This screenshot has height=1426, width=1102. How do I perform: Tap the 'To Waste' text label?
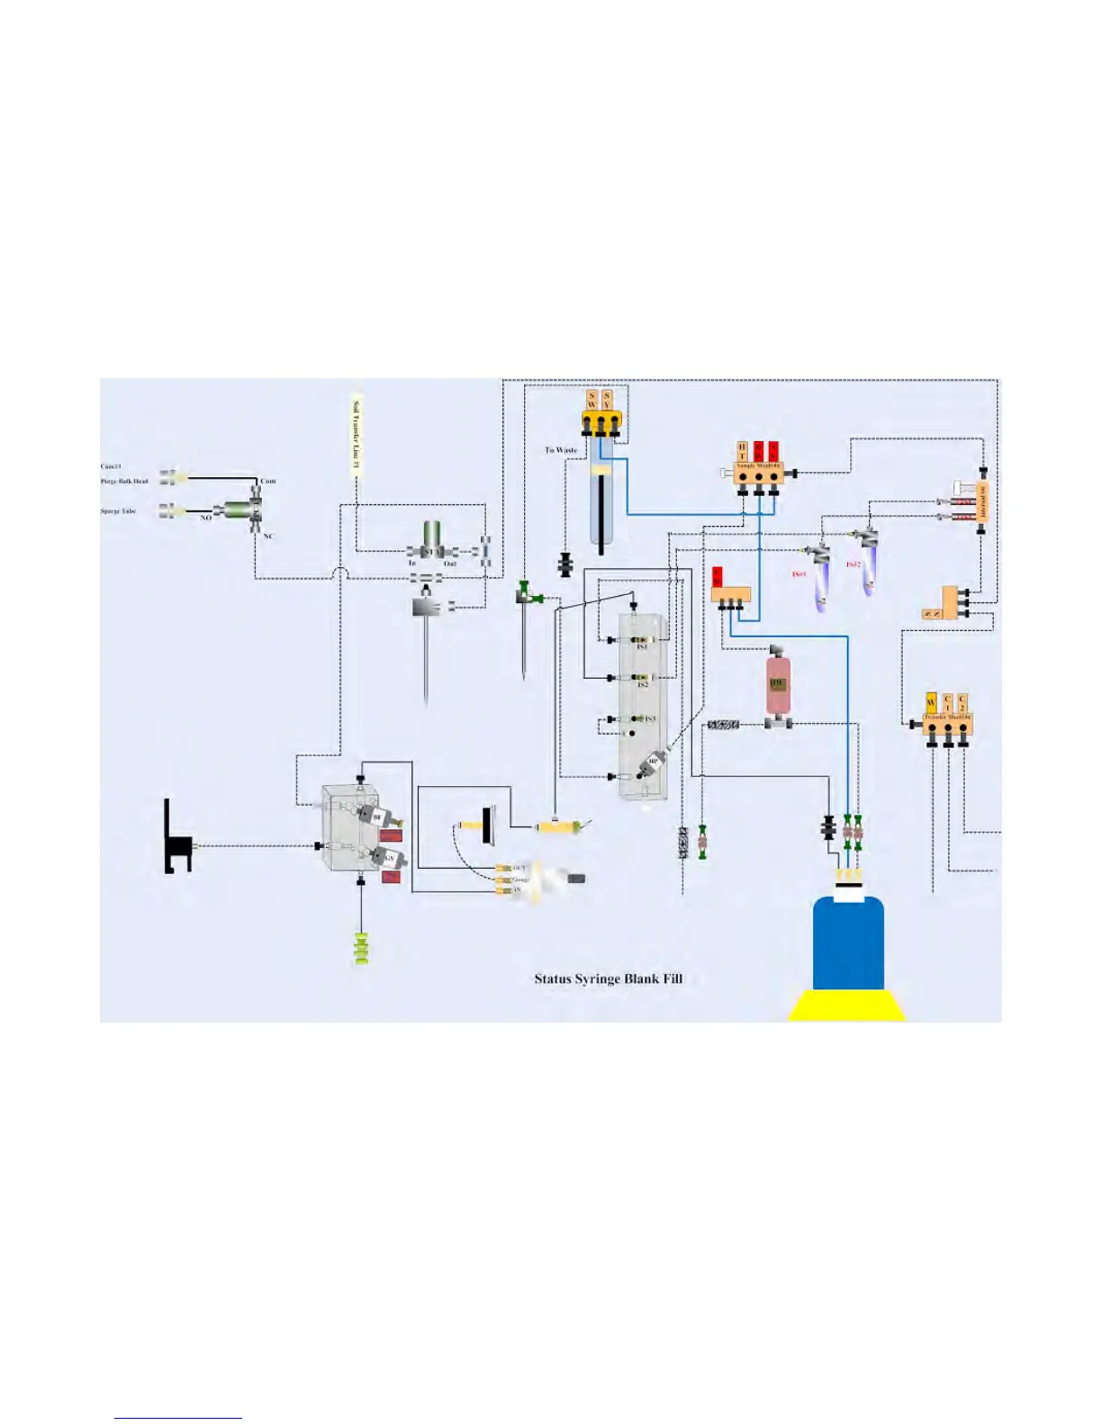point(561,450)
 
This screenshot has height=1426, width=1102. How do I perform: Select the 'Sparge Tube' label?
point(118,511)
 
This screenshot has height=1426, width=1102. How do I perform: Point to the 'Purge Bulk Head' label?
point(124,481)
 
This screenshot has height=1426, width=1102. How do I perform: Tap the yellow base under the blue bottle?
point(846,1006)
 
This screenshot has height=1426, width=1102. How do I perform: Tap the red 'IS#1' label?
point(799,573)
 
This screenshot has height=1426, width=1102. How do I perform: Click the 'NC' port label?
point(268,537)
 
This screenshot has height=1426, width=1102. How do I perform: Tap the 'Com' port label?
point(268,481)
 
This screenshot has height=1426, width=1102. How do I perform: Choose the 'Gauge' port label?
point(520,879)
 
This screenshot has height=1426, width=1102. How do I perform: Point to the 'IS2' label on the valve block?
point(642,685)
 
